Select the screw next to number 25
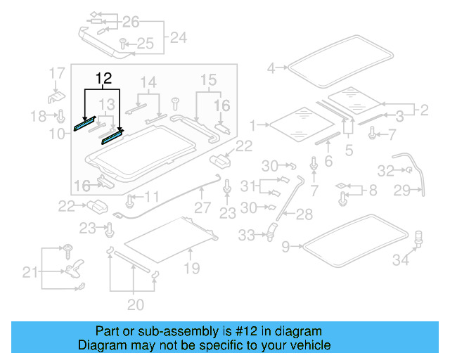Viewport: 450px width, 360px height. point(122,44)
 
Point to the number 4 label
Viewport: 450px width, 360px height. point(271,68)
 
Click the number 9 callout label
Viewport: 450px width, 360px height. point(285,246)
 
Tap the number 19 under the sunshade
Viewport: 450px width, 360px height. point(192,268)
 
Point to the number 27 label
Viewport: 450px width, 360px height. point(202,208)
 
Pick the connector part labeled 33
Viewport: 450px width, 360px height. point(270,231)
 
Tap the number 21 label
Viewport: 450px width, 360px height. point(29,271)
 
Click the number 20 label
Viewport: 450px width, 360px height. point(135,304)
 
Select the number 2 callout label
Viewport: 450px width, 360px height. point(423,110)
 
